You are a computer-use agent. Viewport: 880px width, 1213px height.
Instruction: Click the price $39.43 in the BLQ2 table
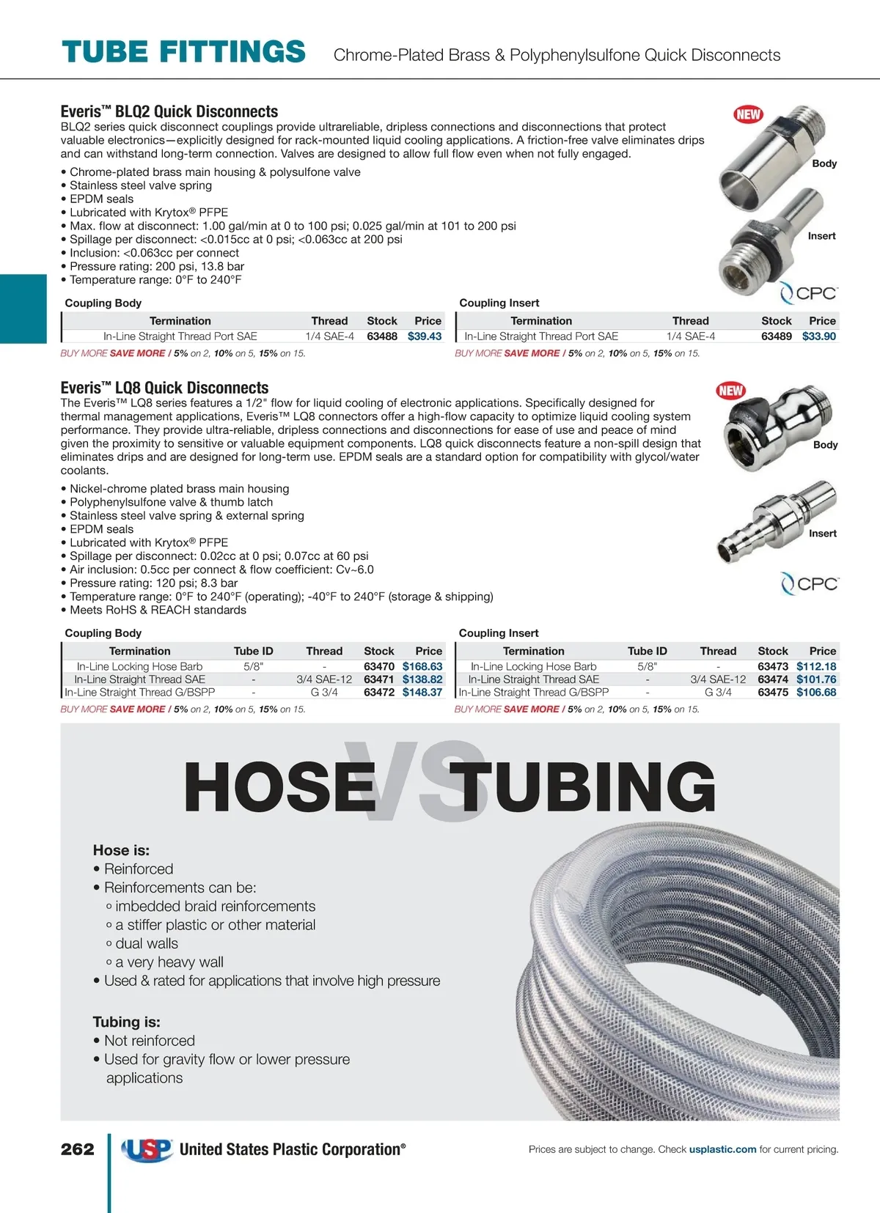click(x=425, y=336)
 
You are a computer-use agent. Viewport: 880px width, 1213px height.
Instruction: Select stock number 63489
click(x=776, y=336)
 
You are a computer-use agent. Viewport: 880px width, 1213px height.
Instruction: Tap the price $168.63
click(x=422, y=666)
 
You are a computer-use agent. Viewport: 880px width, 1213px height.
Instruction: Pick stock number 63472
click(x=379, y=692)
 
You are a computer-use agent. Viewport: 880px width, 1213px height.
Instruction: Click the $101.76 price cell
click(x=816, y=679)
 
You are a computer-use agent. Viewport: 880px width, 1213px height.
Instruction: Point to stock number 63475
click(x=773, y=692)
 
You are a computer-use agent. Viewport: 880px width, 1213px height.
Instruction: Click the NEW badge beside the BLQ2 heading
click(x=748, y=114)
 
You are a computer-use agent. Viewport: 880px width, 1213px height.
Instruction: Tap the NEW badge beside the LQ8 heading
click(x=730, y=391)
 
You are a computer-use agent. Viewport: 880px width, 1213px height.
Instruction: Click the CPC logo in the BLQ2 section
click(x=808, y=293)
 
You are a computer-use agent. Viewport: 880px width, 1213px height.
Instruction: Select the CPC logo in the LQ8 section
click(x=809, y=584)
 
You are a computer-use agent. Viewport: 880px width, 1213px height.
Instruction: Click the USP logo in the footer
click(x=147, y=1149)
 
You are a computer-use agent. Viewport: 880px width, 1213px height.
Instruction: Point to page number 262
click(x=78, y=1149)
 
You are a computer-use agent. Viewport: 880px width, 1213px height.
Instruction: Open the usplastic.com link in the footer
click(x=722, y=1149)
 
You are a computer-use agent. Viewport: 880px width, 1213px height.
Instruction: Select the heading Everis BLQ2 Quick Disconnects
click(x=169, y=111)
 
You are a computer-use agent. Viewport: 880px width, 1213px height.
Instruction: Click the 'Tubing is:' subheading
click(x=126, y=1022)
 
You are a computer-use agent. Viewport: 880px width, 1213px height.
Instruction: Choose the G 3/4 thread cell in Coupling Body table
click(x=324, y=692)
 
